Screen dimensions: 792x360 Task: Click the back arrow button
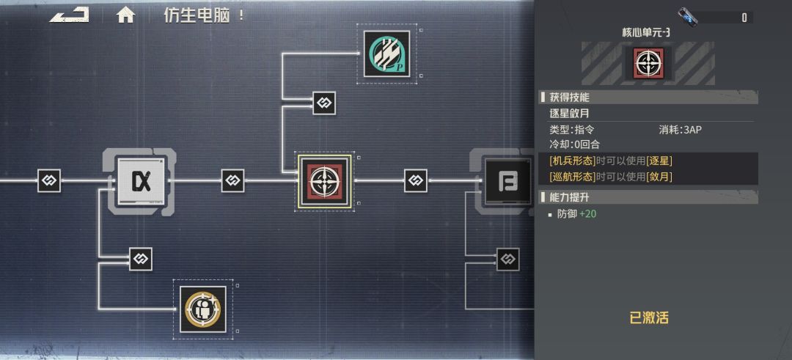(69, 15)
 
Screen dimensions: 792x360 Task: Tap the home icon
(125, 15)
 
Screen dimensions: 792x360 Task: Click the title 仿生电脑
(197, 15)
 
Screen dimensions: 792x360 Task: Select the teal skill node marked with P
(387, 54)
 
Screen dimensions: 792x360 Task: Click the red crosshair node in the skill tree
(324, 181)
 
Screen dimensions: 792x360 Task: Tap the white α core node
(141, 181)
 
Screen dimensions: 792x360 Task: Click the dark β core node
(507, 181)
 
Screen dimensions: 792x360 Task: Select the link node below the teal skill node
(324, 103)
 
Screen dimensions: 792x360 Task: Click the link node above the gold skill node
(140, 259)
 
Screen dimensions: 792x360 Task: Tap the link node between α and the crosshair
(233, 181)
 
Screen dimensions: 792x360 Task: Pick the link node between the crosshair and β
(416, 181)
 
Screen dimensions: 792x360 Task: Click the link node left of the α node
(50, 181)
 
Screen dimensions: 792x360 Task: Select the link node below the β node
(507, 259)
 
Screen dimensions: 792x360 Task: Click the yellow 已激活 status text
(649, 317)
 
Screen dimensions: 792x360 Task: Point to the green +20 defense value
(587, 214)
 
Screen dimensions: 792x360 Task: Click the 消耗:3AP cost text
(681, 130)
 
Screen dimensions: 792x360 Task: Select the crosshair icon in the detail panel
(648, 63)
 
